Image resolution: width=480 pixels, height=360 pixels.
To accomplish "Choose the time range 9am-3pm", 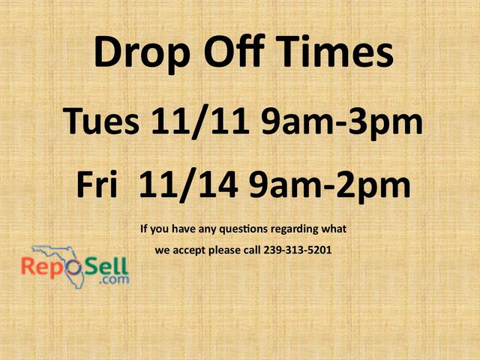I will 341,122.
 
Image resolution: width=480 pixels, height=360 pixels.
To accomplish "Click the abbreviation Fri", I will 96,184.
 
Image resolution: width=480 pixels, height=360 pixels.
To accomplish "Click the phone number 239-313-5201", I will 298,250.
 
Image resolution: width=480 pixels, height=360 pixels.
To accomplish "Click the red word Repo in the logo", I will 46,266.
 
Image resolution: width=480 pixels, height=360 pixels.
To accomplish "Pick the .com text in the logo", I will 116,280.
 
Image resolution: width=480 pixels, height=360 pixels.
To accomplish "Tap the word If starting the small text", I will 144,228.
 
